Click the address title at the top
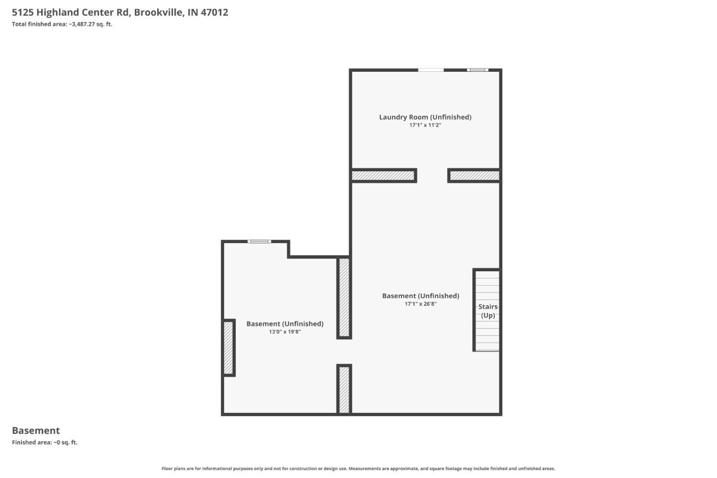pos(120,12)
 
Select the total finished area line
pos(62,24)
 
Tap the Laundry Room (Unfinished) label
pos(425,117)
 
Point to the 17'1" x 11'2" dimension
pos(425,125)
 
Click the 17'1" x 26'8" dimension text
pos(421,304)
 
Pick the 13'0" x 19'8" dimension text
pos(285,332)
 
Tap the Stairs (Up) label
pos(488,311)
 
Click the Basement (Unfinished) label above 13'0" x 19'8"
pos(285,324)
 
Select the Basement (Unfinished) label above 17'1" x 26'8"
pos(421,296)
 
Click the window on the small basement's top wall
pos(259,242)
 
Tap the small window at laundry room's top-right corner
pos(477,70)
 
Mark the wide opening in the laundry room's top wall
pos(431,70)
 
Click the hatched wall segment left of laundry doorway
pos(383,176)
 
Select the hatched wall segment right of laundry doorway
pos(474,176)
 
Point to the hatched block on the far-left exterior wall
pos(228,348)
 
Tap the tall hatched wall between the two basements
pos(344,298)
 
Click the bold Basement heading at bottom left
pos(36,431)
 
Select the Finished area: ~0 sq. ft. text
pos(45,443)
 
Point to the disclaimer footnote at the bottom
pos(358,468)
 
